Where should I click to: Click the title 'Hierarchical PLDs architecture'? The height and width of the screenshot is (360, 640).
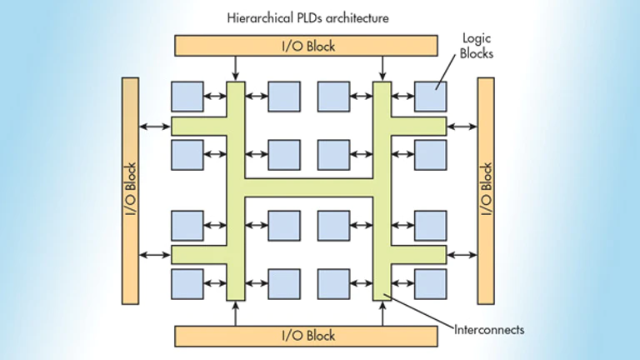pyautogui.click(x=307, y=18)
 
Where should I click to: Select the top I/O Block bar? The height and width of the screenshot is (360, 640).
pyautogui.click(x=306, y=45)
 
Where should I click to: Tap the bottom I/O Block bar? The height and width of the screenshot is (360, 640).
pyautogui.click(x=306, y=337)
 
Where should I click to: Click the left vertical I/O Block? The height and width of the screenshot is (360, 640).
pyautogui.click(x=130, y=191)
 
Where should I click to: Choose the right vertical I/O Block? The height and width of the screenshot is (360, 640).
pyautogui.click(x=486, y=191)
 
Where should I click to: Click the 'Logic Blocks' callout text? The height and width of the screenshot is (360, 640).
pyautogui.click(x=477, y=46)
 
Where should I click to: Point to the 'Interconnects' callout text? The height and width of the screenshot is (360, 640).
pyautogui.click(x=489, y=330)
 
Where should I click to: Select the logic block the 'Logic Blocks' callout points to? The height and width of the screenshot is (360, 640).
pyautogui.click(x=431, y=97)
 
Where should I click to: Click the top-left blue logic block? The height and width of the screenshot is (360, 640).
pyautogui.click(x=187, y=97)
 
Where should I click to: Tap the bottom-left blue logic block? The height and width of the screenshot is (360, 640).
pyautogui.click(x=187, y=284)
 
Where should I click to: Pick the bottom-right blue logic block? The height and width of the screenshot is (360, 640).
pyautogui.click(x=431, y=284)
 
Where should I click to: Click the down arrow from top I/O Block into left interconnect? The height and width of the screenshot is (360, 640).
pyautogui.click(x=236, y=68)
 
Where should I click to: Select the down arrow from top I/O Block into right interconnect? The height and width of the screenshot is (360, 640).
pyautogui.click(x=382, y=68)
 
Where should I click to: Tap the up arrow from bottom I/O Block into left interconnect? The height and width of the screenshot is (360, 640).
pyautogui.click(x=236, y=313)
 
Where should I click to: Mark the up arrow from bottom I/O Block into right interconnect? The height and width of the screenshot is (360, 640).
pyautogui.click(x=382, y=313)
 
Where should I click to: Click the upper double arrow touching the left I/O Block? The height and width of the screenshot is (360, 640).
pyautogui.click(x=155, y=127)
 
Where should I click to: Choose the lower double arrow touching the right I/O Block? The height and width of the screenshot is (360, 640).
pyautogui.click(x=462, y=255)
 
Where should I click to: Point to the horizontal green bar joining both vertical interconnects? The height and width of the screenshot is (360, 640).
pyautogui.click(x=308, y=187)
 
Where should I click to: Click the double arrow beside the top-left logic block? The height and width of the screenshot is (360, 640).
pyautogui.click(x=215, y=97)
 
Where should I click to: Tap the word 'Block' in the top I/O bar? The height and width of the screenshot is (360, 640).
pyautogui.click(x=321, y=46)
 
